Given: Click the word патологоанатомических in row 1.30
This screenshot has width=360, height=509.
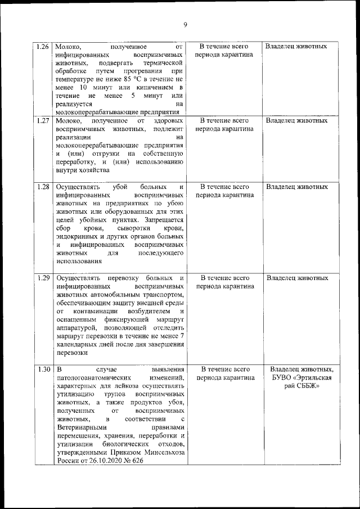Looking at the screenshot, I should tap(93, 378).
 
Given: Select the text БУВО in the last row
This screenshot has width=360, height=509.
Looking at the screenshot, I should tap(283, 378).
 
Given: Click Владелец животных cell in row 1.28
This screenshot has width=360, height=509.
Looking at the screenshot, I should tap(296, 187).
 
